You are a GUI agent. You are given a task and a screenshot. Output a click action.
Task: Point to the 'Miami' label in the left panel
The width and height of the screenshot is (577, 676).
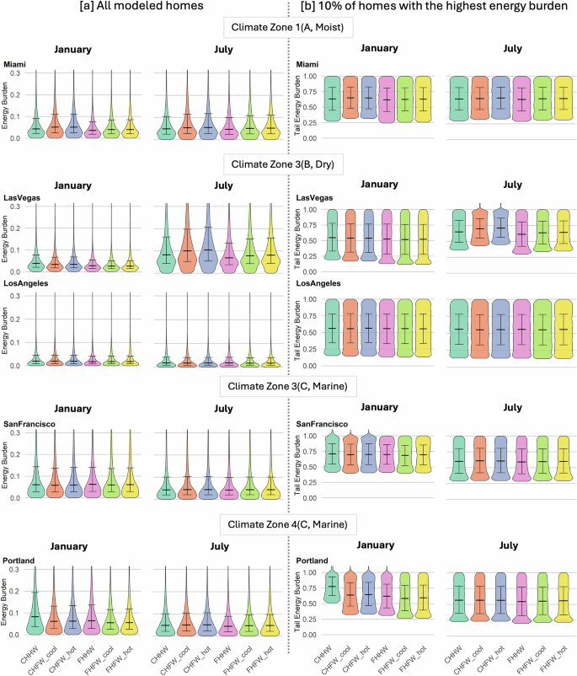coord(14,65)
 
